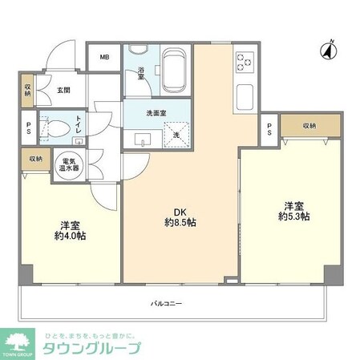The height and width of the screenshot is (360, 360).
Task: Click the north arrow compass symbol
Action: tap(326, 51)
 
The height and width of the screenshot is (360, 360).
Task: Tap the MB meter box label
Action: tap(105, 58)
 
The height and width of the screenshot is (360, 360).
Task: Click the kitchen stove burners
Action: tap(244, 61)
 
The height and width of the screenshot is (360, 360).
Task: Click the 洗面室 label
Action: tap(156, 113)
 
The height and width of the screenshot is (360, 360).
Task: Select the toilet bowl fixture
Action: tap(56, 127)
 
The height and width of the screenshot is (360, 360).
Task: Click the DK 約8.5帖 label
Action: tap(181, 216)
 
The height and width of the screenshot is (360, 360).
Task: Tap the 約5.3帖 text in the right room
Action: tap(294, 216)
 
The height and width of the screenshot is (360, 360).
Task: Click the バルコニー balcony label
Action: tap(167, 304)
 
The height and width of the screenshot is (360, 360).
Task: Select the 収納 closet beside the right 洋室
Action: tap(309, 126)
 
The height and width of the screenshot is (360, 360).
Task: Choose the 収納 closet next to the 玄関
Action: tap(27, 90)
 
